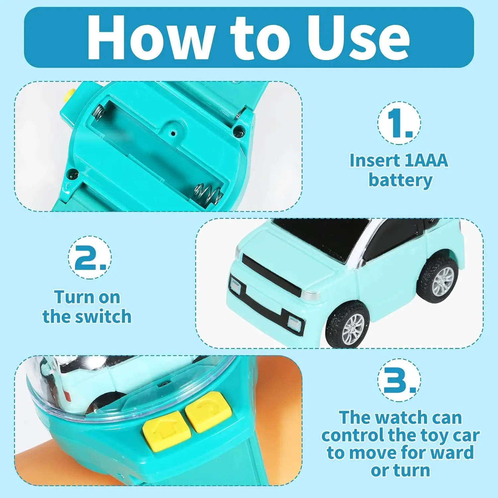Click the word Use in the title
click(x=358, y=38)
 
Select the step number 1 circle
click(x=399, y=123)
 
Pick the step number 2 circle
click(x=90, y=257)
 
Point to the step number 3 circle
click(x=399, y=380)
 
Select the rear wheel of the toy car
click(x=437, y=278)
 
